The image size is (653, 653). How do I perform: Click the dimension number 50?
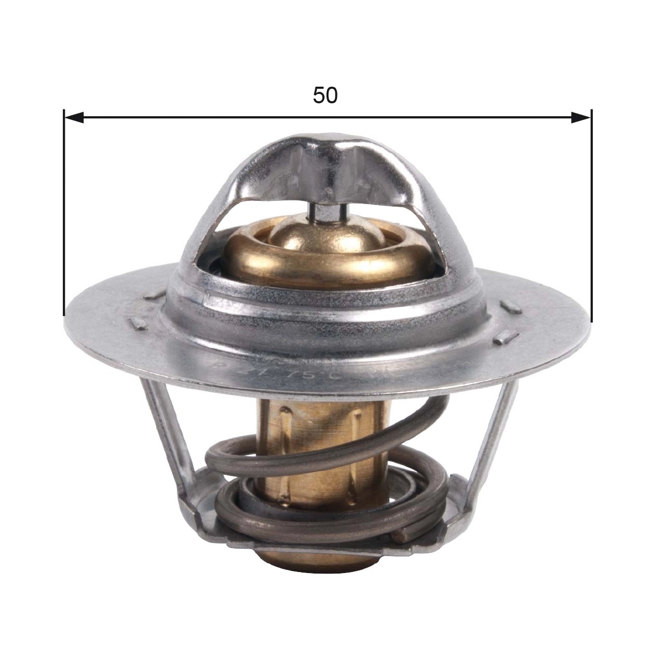pyautogui.click(x=325, y=95)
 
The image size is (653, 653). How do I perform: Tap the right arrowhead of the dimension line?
pyautogui.click(x=580, y=118)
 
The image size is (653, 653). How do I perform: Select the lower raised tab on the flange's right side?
pyautogui.click(x=502, y=338)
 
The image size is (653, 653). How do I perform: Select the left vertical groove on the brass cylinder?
pyautogui.click(x=284, y=431)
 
